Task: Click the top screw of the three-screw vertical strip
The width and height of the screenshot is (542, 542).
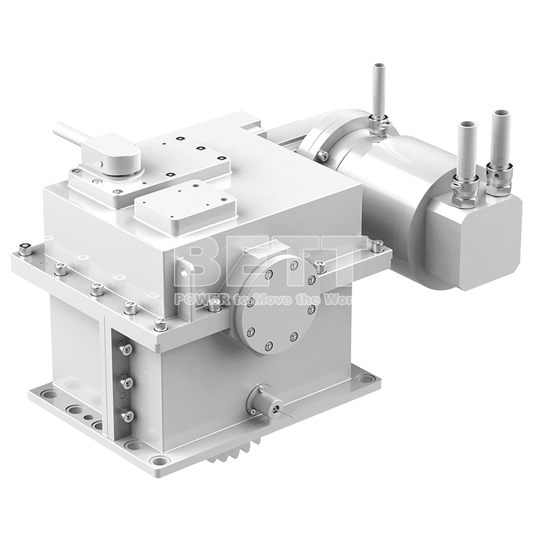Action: click(125, 350)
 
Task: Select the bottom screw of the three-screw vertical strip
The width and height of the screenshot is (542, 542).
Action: click(124, 415)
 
